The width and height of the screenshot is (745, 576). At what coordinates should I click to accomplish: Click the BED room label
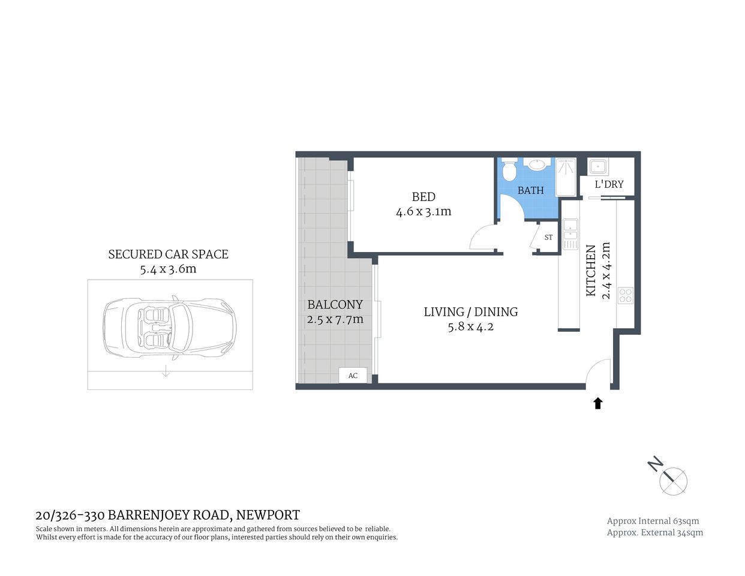(423, 197)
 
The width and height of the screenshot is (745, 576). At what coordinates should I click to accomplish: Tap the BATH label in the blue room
(530, 190)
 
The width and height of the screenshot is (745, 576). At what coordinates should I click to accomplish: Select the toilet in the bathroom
(509, 170)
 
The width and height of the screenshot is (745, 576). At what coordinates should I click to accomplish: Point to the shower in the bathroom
(566, 177)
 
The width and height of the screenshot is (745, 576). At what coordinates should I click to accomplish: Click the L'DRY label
(609, 184)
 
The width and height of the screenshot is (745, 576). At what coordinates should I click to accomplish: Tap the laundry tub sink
(598, 166)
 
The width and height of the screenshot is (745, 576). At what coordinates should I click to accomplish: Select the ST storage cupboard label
(548, 238)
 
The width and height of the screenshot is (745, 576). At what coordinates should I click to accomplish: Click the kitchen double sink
(570, 234)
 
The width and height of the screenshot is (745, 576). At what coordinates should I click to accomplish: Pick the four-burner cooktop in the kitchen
(625, 295)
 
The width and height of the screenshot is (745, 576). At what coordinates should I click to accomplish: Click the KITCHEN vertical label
(591, 270)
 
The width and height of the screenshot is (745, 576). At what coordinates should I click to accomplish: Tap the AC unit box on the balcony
(353, 376)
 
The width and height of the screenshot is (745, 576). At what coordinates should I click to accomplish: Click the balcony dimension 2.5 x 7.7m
(335, 319)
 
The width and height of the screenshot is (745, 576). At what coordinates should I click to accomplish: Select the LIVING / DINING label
(470, 312)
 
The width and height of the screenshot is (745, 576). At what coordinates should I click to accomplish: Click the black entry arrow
(597, 403)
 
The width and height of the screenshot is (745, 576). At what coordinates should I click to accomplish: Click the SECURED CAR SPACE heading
(168, 254)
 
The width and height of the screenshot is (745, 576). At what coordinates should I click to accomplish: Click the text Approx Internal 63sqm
(653, 521)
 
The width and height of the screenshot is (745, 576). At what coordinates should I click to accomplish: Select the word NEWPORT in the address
(268, 515)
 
